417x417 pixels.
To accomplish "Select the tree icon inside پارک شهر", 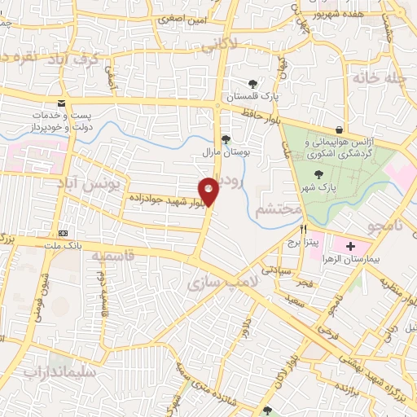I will tap(318, 174).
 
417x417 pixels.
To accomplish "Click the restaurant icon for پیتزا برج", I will tap(303, 230).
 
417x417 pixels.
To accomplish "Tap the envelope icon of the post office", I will tap(61, 103).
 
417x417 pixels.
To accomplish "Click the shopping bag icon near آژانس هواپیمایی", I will tap(339, 129).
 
